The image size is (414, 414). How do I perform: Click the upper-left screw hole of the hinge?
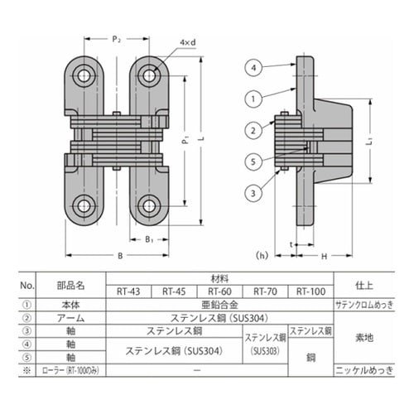(83, 76)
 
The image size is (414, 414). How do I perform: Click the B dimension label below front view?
(120, 256)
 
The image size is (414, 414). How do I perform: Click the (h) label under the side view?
(262, 254)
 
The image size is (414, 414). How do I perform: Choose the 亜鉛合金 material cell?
(218, 304)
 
